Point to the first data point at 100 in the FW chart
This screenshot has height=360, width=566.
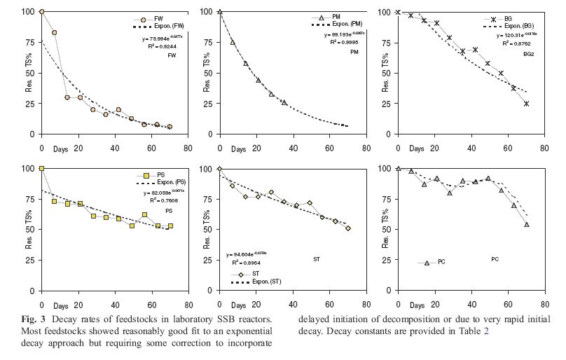coord(42,11)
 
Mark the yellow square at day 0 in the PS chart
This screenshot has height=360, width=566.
coord(42,169)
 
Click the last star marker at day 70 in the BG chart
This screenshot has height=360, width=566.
coord(526,104)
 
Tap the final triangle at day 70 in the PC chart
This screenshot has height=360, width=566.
coord(526,224)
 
